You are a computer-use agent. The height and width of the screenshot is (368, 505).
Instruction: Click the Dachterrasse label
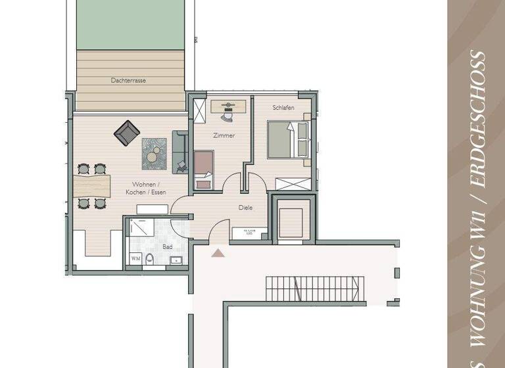click(x=128, y=80)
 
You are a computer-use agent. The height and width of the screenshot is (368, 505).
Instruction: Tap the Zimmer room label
click(x=224, y=135)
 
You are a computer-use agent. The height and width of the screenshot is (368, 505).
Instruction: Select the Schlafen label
click(x=283, y=107)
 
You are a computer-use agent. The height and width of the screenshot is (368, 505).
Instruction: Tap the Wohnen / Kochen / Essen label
click(x=145, y=188)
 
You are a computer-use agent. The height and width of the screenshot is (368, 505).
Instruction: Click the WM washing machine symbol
click(x=135, y=259)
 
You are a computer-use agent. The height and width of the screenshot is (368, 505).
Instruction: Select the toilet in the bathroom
click(x=151, y=260)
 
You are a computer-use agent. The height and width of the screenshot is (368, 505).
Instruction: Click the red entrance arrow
click(x=217, y=252)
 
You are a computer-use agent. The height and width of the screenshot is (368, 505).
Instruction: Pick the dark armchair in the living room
click(x=127, y=133)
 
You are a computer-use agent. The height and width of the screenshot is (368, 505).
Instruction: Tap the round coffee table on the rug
click(x=154, y=155)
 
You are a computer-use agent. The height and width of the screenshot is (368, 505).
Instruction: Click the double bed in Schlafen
click(x=288, y=139)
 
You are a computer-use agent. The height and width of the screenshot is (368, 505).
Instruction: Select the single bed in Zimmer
click(x=204, y=170)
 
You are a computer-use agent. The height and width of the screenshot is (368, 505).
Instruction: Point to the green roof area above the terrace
click(x=131, y=25)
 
